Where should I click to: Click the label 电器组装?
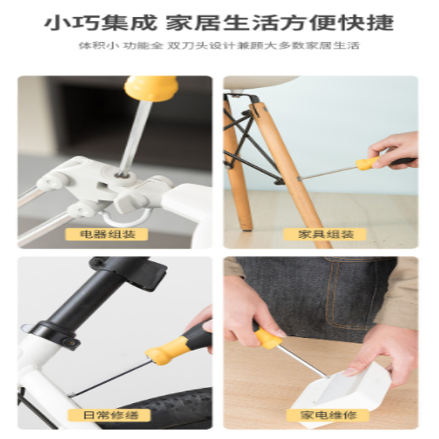click(x=107, y=234)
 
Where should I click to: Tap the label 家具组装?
click(x=325, y=234)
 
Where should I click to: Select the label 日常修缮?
click(x=109, y=415)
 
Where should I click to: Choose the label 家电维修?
click(x=328, y=415)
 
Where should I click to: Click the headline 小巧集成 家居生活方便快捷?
click(x=220, y=22)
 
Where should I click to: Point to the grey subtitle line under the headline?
click(x=219, y=46)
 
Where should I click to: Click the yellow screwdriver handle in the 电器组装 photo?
click(x=151, y=88)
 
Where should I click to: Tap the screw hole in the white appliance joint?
click(x=122, y=176)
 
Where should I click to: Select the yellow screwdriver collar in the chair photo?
click(x=367, y=164)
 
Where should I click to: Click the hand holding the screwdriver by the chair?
click(x=395, y=151)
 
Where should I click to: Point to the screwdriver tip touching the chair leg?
click(x=299, y=179)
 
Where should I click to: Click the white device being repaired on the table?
click(x=340, y=392)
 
